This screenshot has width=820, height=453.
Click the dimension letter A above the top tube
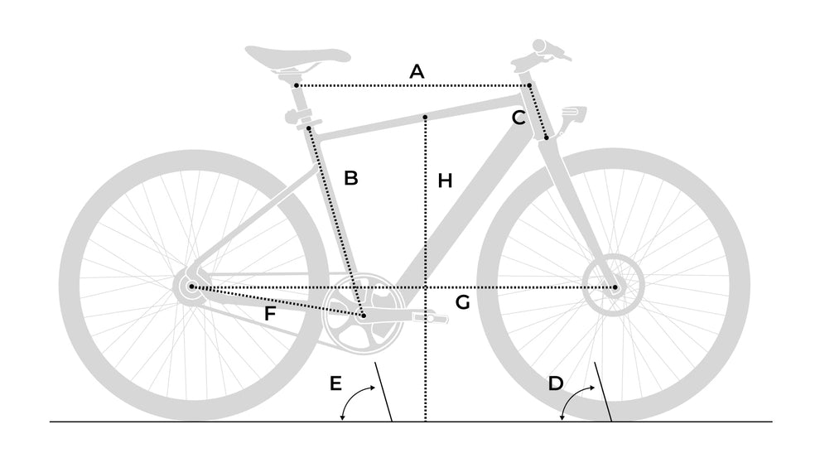coord(417,71)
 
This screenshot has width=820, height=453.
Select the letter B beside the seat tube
coord(351,178)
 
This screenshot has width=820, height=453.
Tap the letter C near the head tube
coord(519,118)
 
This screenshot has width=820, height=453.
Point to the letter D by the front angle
coord(556,383)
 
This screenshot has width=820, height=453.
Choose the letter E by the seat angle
coord(335,383)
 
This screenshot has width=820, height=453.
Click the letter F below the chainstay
coord(269,313)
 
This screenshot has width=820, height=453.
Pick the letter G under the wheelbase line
coord(462,302)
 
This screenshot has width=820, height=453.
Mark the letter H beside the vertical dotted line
coord(445,181)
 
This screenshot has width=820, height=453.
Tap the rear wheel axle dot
coord(192,287)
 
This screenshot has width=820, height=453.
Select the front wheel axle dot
coord(615,287)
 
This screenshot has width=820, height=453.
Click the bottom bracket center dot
coord(363,316)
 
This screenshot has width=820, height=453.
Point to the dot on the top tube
coord(425,117)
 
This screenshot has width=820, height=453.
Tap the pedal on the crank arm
coord(430,317)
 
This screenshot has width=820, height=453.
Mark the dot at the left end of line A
coord(297,85)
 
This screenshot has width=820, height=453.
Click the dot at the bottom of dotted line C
coord(547,137)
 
